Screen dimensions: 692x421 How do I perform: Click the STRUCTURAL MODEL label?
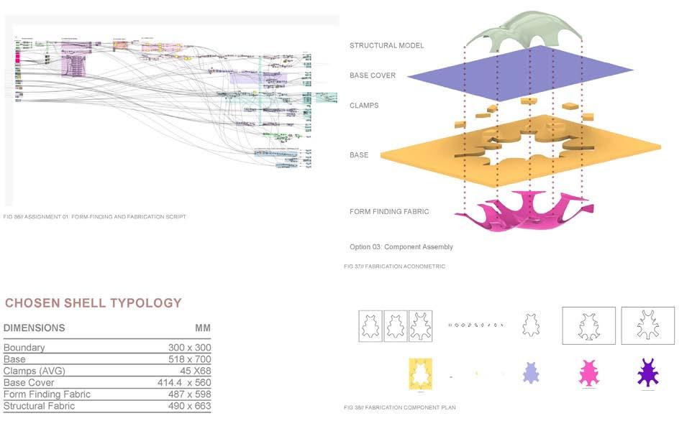tap(386, 46)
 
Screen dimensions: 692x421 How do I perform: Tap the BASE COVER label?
tap(373, 75)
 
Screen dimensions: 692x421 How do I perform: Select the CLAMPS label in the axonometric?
tap(364, 106)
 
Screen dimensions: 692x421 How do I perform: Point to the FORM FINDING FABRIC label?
tap(389, 211)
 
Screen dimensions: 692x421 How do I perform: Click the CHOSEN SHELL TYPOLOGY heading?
tap(93, 303)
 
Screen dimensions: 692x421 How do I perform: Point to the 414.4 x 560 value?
tap(184, 383)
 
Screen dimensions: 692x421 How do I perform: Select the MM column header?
tap(203, 328)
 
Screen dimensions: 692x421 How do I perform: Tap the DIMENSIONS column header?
tap(35, 328)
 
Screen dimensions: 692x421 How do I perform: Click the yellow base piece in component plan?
tap(419, 374)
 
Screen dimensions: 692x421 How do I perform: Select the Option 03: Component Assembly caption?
tap(401, 247)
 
